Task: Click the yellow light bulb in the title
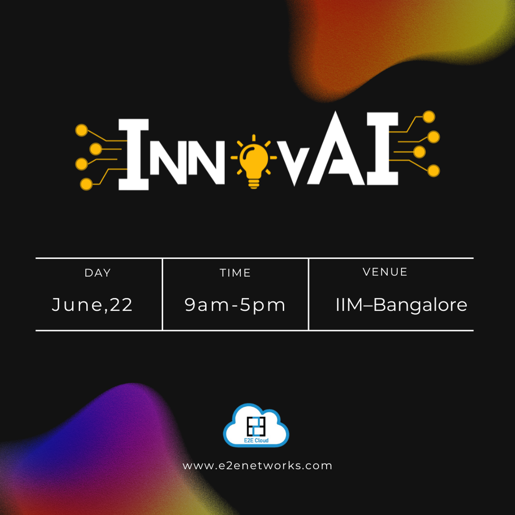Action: click(x=254, y=159)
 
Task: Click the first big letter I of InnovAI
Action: click(x=133, y=154)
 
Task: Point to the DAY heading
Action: click(x=98, y=273)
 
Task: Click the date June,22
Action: click(x=92, y=305)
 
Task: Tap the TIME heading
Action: click(x=235, y=273)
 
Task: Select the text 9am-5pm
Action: click(x=235, y=305)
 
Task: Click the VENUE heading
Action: click(x=385, y=272)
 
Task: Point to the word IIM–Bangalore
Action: click(x=401, y=305)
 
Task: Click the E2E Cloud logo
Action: click(x=256, y=426)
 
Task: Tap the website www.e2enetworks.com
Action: click(x=257, y=466)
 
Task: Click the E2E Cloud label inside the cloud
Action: click(x=256, y=440)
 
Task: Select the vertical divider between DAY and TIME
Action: click(x=162, y=294)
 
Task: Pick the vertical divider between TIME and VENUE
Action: click(x=309, y=294)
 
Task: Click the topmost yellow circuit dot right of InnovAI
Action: click(x=429, y=116)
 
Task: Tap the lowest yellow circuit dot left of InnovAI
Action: click(x=86, y=184)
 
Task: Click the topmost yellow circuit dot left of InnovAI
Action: click(x=82, y=130)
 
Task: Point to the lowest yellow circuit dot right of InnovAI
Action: click(x=434, y=171)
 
